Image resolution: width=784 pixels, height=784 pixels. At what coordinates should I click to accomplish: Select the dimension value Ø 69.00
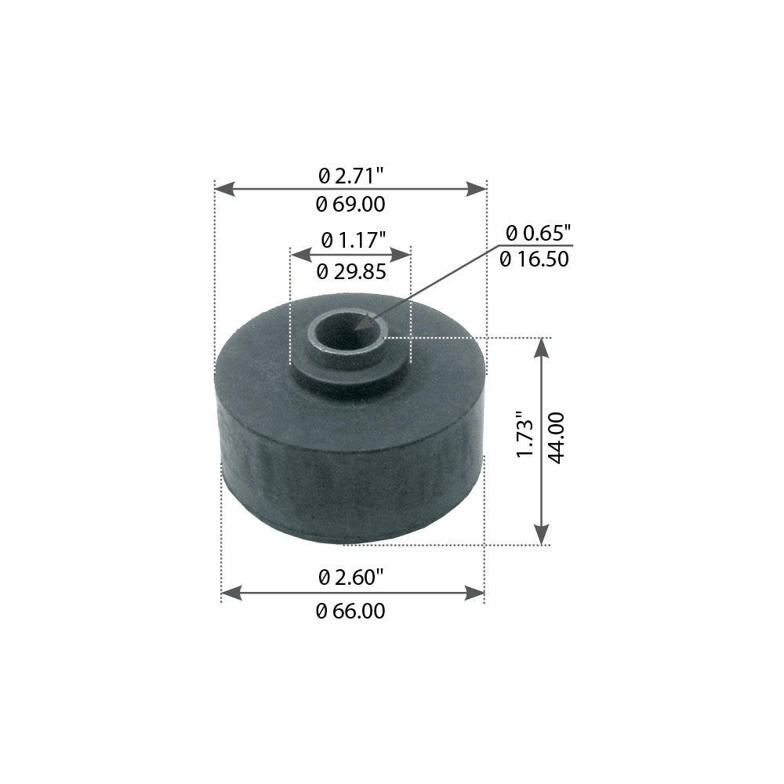[x=350, y=205]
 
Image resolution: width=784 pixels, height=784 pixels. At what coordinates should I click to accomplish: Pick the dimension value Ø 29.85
[x=350, y=272]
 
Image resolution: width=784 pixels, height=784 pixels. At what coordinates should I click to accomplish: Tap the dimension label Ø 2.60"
[x=351, y=578]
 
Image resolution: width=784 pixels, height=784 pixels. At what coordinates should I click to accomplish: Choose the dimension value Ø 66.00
[x=350, y=612]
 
